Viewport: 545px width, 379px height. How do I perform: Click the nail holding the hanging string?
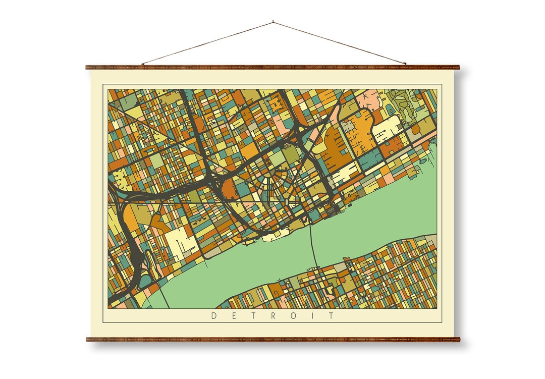[x=273, y=22]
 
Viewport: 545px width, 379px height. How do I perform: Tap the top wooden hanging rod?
[x=272, y=67]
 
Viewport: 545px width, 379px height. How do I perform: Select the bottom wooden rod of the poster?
[x=272, y=340]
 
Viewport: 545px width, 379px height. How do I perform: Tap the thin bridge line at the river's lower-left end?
[x=163, y=298]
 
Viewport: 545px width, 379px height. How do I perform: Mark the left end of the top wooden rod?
[x=88, y=67]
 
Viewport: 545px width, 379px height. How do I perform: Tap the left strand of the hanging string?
[x=207, y=43]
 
